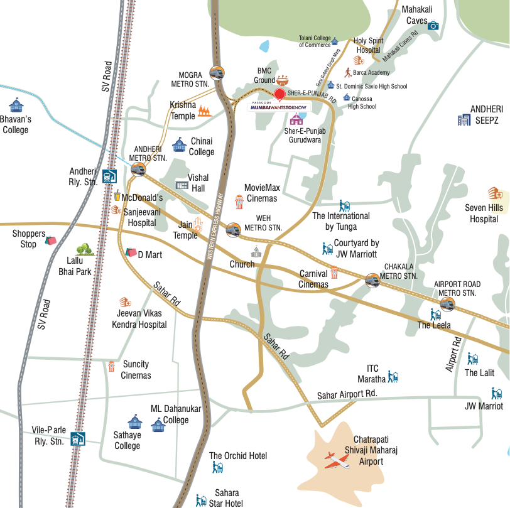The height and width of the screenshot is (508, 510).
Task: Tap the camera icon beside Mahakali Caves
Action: [x=433, y=25]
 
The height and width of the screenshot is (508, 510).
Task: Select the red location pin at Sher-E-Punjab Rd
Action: [x=280, y=94]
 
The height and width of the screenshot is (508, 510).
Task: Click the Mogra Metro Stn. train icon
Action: [x=217, y=73]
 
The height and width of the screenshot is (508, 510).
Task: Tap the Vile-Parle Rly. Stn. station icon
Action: [x=77, y=438]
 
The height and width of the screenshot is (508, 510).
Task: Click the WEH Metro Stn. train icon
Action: [x=233, y=229]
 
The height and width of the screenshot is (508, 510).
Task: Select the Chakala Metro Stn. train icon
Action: [x=373, y=279]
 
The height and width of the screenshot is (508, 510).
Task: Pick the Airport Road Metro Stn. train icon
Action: [x=447, y=305]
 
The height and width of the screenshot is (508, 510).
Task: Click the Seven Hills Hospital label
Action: [x=484, y=213]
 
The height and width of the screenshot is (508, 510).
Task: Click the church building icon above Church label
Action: [x=256, y=252]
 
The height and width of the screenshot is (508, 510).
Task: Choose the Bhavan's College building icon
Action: [x=16, y=105]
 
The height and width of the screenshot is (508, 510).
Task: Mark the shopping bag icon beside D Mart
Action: [x=131, y=252]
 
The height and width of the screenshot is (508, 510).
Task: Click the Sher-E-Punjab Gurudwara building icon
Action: [x=296, y=119]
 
